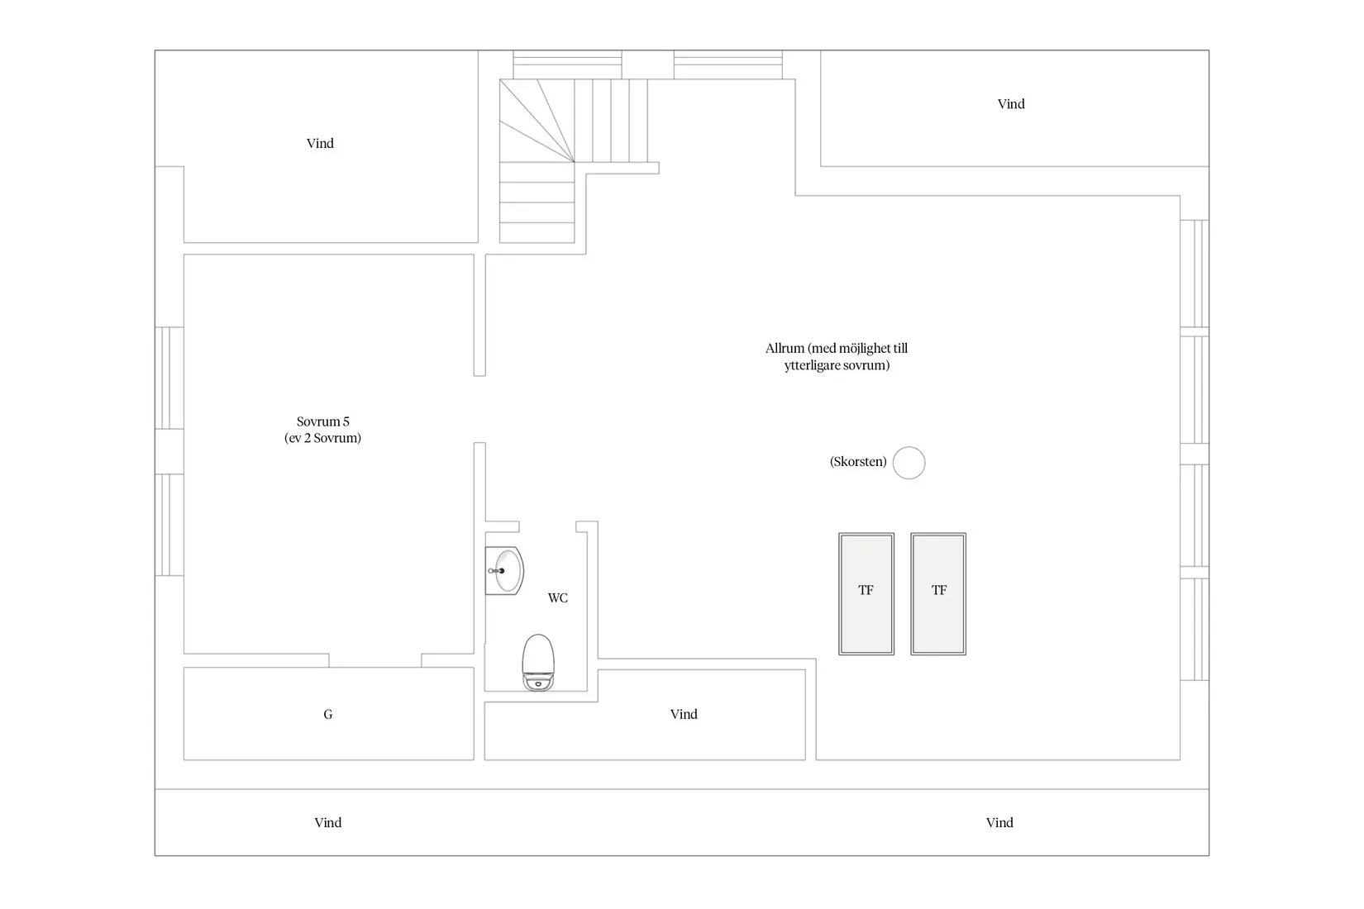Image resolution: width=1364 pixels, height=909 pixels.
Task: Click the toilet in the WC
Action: (537, 662)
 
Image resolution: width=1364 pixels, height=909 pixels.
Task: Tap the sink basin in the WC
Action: (505, 570)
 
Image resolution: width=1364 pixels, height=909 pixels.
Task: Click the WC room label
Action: (558, 597)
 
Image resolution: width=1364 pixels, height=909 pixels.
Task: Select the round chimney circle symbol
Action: (909, 463)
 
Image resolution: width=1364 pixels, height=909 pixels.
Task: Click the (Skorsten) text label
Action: (858, 462)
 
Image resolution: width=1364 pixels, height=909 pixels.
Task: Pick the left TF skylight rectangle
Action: (866, 593)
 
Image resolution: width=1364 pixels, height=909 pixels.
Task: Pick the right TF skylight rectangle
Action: (938, 593)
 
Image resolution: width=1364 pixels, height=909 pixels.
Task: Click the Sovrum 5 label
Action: (322, 421)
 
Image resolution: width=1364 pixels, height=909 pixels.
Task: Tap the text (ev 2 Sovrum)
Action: (322, 438)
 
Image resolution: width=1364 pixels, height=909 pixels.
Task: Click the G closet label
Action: (328, 714)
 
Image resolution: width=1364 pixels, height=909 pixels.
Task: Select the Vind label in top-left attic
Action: (320, 143)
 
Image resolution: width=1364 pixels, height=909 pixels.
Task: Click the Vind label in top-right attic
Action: (1011, 103)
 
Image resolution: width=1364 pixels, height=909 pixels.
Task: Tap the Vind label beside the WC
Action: (684, 714)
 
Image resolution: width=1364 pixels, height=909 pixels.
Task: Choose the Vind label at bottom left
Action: (328, 822)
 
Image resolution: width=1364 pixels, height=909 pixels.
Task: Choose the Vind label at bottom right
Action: (999, 822)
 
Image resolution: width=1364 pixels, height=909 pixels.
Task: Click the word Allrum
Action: (785, 349)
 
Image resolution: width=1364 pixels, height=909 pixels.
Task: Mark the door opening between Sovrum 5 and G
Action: (375, 660)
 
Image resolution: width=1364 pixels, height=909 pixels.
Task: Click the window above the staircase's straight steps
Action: (567, 64)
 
